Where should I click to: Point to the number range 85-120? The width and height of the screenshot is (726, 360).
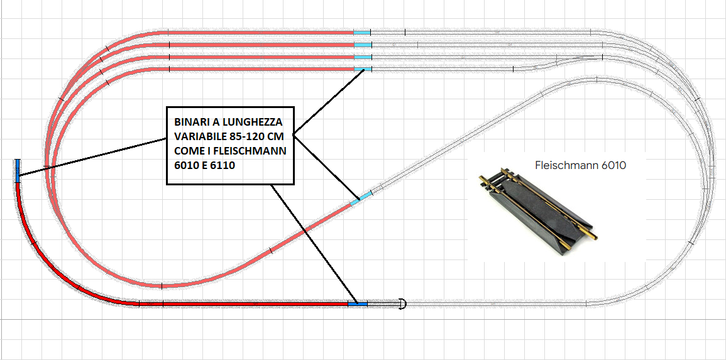point(246,136)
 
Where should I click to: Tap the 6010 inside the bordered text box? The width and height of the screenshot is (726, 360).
point(182,165)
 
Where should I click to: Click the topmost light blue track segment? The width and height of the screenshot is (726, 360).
point(362,32)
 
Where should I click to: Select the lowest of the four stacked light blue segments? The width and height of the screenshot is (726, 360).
point(363,68)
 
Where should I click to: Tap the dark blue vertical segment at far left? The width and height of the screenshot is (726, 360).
point(18,170)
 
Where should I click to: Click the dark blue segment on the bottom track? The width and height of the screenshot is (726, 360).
point(357,304)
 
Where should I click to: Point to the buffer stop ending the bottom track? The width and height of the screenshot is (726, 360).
point(403,304)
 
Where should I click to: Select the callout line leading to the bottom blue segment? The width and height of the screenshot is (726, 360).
point(314,245)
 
